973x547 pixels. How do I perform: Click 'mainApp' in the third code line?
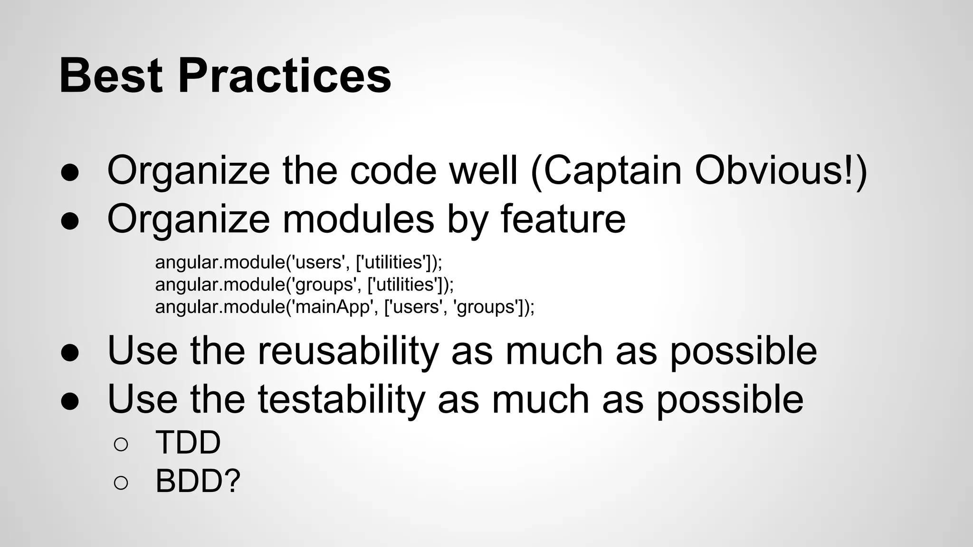333,307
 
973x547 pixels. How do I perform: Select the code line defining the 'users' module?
298,262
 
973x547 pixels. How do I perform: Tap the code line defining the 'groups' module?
304,284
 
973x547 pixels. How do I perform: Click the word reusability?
348,350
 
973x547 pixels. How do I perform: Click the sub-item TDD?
188,443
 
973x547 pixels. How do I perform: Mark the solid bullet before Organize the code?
70,173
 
